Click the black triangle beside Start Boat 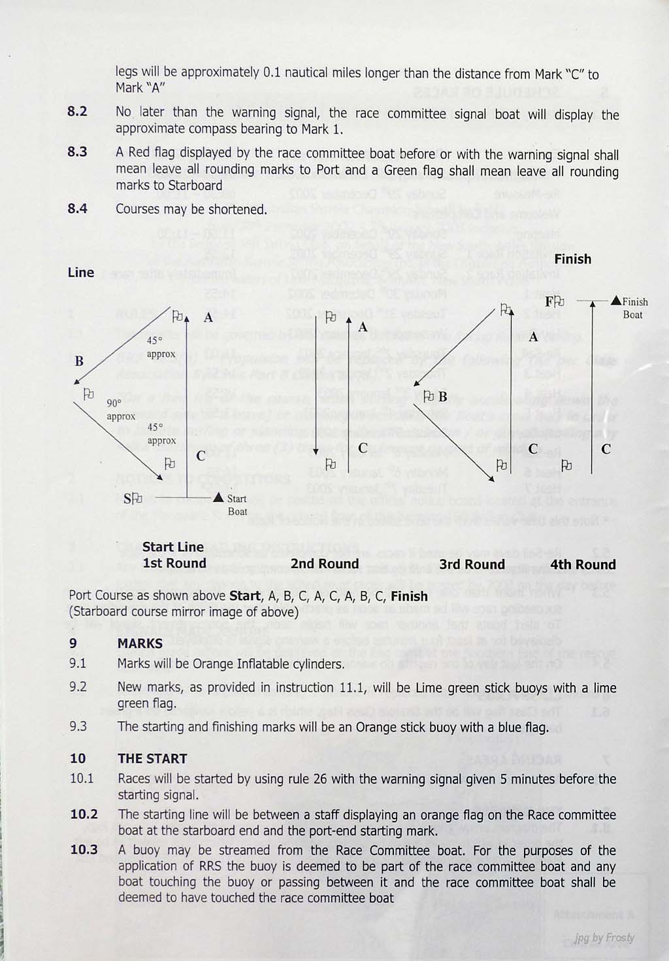219,498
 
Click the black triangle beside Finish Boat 616,301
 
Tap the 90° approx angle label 121,410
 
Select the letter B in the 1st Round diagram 79,361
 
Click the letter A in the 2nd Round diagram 362,327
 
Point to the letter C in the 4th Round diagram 606,449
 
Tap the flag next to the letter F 560,302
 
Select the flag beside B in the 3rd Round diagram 429,396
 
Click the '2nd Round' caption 325,564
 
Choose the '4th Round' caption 583,564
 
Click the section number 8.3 77,152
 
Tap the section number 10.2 84,814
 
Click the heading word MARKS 140,643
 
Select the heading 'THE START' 152,758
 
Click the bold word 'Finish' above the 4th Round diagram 572,259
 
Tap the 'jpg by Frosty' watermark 604,937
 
